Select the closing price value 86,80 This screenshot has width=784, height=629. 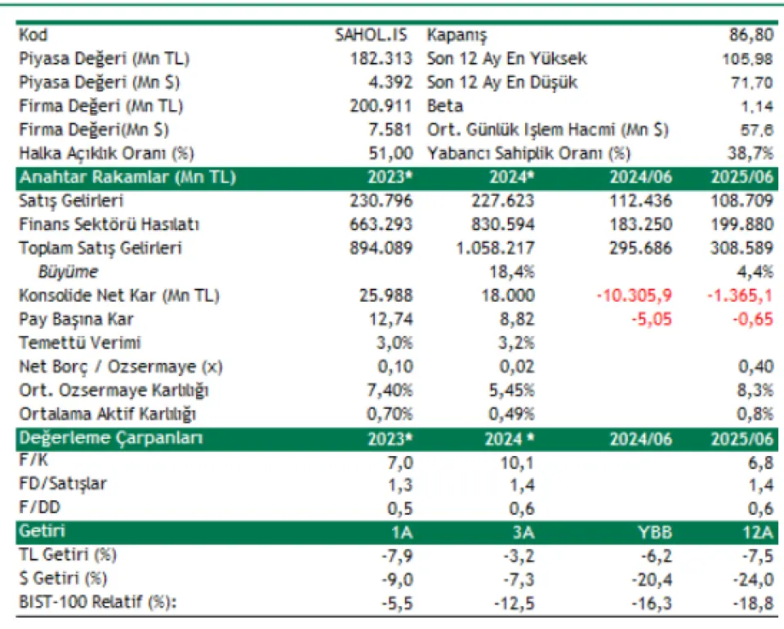(751, 35)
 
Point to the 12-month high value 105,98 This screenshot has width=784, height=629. (747, 59)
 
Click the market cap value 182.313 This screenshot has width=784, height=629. (381, 59)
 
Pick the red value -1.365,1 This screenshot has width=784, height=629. (738, 295)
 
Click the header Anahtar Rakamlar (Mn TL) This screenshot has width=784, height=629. (127, 178)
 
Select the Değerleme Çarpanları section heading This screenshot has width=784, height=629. (111, 438)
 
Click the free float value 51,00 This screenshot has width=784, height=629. (390, 153)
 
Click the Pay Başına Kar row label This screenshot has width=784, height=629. (75, 319)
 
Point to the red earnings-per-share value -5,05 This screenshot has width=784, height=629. (652, 319)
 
